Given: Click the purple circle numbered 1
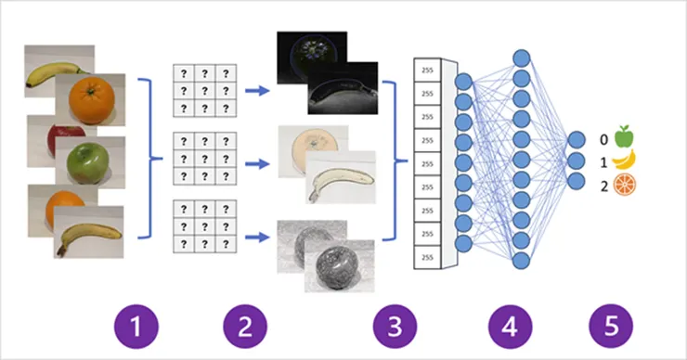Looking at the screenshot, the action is pyautogui.click(x=136, y=327).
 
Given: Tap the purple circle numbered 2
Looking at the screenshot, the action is pyautogui.click(x=245, y=327).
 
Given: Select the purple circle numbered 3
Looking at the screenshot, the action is pyautogui.click(x=395, y=327).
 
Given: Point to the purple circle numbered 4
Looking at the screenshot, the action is pyautogui.click(x=511, y=327).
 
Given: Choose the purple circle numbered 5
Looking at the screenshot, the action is pyautogui.click(x=611, y=327).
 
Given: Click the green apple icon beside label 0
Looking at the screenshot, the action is pyautogui.click(x=624, y=136).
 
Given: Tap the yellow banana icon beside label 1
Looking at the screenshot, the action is pyautogui.click(x=624, y=160).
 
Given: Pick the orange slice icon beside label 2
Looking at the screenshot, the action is pyautogui.click(x=625, y=185).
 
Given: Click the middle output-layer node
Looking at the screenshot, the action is pyautogui.click(x=577, y=161).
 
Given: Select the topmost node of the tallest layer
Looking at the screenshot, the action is pyautogui.click(x=522, y=58).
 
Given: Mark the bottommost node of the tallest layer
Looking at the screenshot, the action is pyautogui.click(x=522, y=261).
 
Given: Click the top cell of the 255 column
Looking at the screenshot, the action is pyautogui.click(x=427, y=71).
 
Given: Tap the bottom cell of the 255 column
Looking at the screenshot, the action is pyautogui.click(x=427, y=257).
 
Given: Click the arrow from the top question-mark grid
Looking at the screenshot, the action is pyautogui.click(x=257, y=91).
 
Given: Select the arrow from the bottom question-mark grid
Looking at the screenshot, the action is pyautogui.click(x=257, y=238).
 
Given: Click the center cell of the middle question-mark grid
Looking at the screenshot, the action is pyautogui.click(x=204, y=159).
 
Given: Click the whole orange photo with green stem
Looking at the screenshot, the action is pyautogui.click(x=90, y=100).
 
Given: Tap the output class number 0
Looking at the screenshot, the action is pyautogui.click(x=603, y=140).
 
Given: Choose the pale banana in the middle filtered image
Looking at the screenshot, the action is pyautogui.click(x=342, y=182).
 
